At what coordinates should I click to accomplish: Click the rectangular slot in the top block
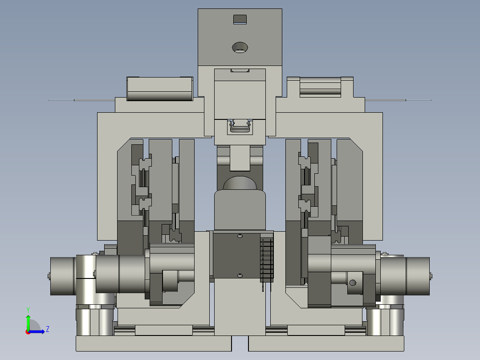coord(240,19)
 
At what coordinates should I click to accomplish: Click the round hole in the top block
coord(240,48)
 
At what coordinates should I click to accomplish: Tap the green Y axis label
coord(28,310)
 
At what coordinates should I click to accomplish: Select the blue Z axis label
coord(48,329)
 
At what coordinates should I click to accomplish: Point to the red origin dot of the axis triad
coord(28,332)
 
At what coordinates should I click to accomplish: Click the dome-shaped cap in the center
coord(240,183)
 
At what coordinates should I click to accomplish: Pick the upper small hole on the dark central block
coord(240,236)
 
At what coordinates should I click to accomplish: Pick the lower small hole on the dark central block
coord(240,276)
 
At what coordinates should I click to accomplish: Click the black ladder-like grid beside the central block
coord(267,261)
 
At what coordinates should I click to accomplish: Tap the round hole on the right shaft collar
coord(353,282)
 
